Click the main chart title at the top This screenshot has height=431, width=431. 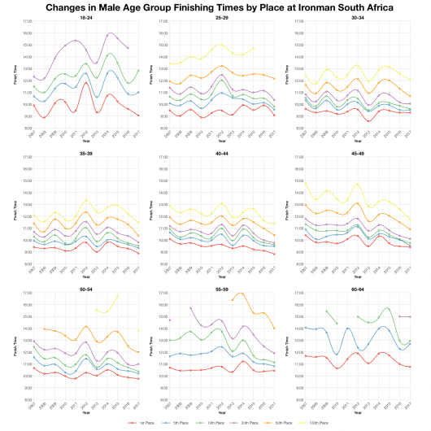click(x=215, y=7)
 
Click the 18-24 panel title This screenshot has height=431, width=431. click(x=85, y=17)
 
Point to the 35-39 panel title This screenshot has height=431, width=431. click(x=85, y=152)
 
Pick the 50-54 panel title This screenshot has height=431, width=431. click(x=85, y=287)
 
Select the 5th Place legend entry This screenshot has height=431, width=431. click(x=175, y=424)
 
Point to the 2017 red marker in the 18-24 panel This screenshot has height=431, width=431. click(x=139, y=115)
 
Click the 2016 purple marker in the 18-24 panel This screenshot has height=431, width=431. click(x=128, y=48)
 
